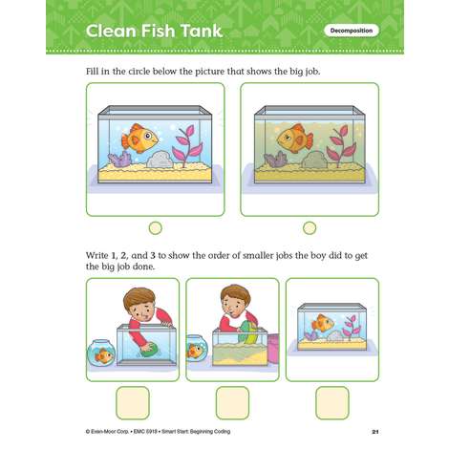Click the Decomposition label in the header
(x=352, y=31)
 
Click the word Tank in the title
(x=202, y=31)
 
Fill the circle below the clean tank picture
(x=156, y=228)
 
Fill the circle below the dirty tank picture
(x=310, y=228)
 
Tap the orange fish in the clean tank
(x=139, y=139)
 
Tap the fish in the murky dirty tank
(x=295, y=139)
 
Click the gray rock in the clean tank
(x=160, y=160)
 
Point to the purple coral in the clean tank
(x=119, y=160)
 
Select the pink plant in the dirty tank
(x=342, y=146)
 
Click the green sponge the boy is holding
(x=147, y=347)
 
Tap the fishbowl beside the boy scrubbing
(x=100, y=353)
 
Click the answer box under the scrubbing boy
(x=133, y=403)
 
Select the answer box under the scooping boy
(x=232, y=403)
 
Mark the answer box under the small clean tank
(x=332, y=403)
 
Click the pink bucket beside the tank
(x=273, y=348)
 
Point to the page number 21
(x=375, y=432)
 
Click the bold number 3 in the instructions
(x=153, y=255)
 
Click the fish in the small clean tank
(x=322, y=323)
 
